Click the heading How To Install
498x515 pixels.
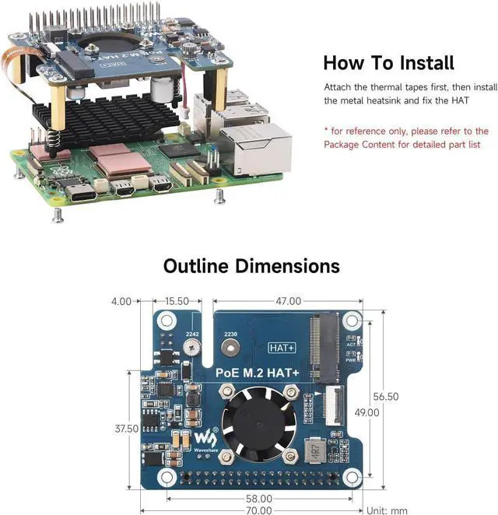point(388,62)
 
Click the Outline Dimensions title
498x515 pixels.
point(251,265)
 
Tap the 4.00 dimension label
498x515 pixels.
point(121,300)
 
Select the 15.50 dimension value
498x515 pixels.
point(177,300)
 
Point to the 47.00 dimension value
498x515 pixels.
point(287,300)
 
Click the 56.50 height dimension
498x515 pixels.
point(384,396)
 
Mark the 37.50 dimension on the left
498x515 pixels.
point(125,428)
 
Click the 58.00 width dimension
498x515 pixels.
point(258,498)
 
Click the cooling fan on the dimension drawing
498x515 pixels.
point(252,420)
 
